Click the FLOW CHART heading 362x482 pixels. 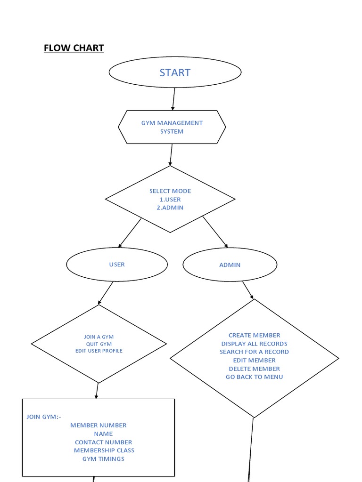74,48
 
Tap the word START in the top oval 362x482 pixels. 175,72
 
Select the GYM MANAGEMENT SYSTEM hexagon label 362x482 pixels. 172,127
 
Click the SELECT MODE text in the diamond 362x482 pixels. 170,191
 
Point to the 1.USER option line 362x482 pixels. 170,200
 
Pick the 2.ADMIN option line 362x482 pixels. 171,208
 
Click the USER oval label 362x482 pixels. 117,265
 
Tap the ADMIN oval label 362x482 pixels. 230,265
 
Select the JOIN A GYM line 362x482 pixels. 99,337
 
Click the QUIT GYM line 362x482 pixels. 99,344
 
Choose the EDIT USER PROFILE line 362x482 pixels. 99,351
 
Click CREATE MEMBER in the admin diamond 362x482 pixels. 255,336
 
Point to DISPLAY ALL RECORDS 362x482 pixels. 255,344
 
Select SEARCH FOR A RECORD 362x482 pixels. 255,352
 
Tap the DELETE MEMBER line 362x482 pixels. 255,369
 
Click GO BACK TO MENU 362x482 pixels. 255,377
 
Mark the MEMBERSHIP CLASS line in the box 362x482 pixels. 104,450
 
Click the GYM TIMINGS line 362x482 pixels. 104,459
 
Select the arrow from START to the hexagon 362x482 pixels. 173,99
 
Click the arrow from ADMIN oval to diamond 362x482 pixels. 248,290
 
